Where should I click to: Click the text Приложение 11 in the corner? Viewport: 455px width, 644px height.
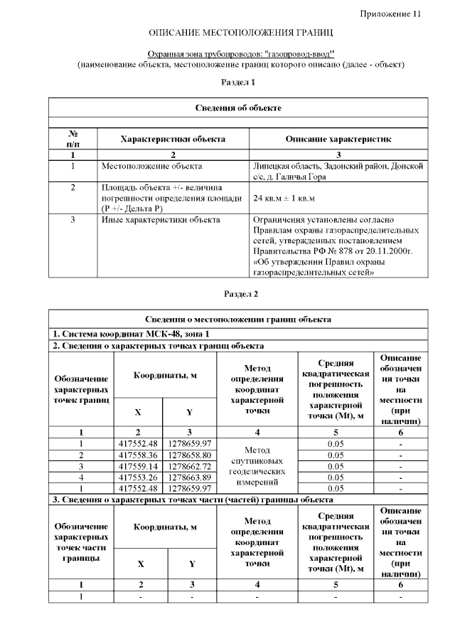tap(390, 14)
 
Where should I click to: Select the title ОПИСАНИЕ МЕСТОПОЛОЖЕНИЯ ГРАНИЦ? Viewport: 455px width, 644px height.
tap(240, 33)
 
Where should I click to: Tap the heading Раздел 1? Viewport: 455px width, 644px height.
tap(238, 83)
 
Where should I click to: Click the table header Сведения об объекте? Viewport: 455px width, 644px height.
tap(238, 107)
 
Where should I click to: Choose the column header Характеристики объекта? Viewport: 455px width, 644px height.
tap(173, 139)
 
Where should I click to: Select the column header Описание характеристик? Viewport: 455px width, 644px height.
tap(338, 139)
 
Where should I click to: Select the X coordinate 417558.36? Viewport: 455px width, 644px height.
tap(138, 454)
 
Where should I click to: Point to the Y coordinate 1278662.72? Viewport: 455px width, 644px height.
tap(190, 465)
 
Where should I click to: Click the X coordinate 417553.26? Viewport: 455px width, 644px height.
tap(138, 477)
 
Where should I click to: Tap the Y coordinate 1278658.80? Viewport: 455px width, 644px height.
tap(190, 454)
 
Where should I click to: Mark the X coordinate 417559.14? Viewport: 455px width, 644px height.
tap(138, 465)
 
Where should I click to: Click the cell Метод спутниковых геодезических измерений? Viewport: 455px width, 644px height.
tap(257, 465)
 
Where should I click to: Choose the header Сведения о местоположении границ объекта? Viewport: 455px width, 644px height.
tap(238, 320)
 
